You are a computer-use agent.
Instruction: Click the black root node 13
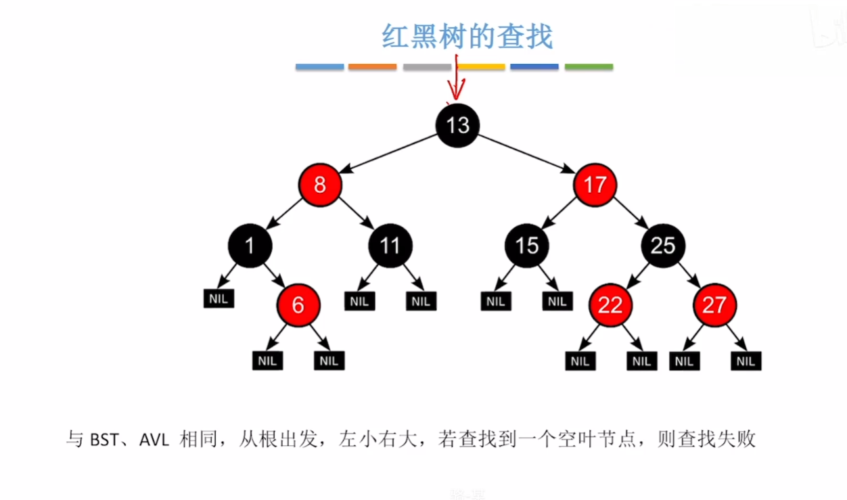click(x=457, y=124)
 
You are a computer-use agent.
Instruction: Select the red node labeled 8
click(x=320, y=185)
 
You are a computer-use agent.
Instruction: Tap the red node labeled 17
click(x=595, y=185)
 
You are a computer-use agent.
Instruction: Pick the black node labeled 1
click(x=250, y=245)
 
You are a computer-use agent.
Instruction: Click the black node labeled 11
click(x=390, y=245)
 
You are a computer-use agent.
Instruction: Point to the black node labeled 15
click(x=526, y=245)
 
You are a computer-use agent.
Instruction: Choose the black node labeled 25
click(x=663, y=245)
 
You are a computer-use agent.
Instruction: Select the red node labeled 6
click(x=298, y=305)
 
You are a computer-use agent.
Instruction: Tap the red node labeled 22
click(x=610, y=305)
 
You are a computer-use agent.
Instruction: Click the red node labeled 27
click(x=714, y=305)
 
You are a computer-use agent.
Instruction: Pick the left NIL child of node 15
click(x=495, y=301)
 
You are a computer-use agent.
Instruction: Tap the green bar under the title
click(x=589, y=67)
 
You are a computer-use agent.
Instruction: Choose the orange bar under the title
click(x=372, y=67)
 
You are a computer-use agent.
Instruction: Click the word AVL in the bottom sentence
click(x=155, y=440)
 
